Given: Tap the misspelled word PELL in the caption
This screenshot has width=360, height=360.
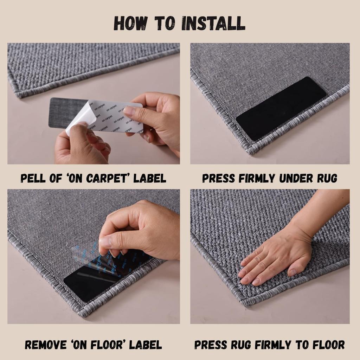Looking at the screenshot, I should click(32, 178).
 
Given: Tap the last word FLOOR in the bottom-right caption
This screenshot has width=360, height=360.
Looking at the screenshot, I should click(326, 345).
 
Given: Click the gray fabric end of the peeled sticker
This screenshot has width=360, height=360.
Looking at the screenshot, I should click(62, 112).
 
